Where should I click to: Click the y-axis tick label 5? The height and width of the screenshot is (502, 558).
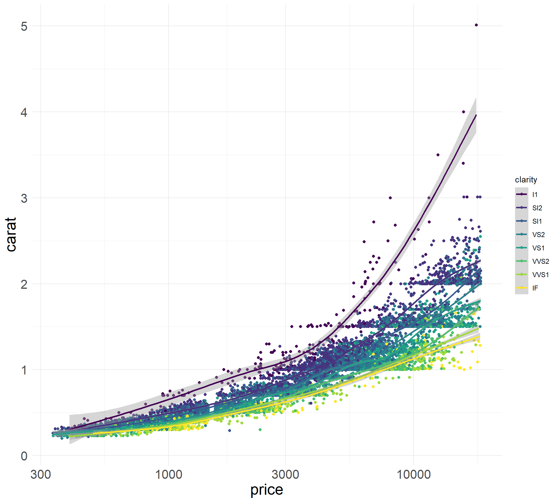[x=24, y=26]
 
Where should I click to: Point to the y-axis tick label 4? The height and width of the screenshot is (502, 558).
[x=24, y=112]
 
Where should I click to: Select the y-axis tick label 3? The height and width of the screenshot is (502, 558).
[x=24, y=198]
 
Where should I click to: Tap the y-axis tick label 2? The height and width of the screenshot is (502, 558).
[x=24, y=284]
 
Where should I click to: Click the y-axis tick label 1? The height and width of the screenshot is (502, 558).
[x=24, y=370]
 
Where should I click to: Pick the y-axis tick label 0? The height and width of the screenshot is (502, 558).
[x=24, y=456]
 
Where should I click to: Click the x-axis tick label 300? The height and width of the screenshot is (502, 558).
[x=41, y=475]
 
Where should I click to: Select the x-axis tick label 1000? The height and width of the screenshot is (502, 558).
[x=169, y=475]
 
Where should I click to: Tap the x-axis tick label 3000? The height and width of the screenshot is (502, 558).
[x=285, y=475]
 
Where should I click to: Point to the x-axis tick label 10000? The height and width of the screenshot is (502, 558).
[x=413, y=475]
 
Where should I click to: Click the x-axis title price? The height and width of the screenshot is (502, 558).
[x=267, y=490]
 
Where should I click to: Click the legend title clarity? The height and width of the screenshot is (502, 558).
[x=526, y=180]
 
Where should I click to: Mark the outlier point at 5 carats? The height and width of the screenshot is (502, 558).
[x=476, y=25]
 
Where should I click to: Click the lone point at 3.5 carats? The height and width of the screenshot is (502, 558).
[x=438, y=155]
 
